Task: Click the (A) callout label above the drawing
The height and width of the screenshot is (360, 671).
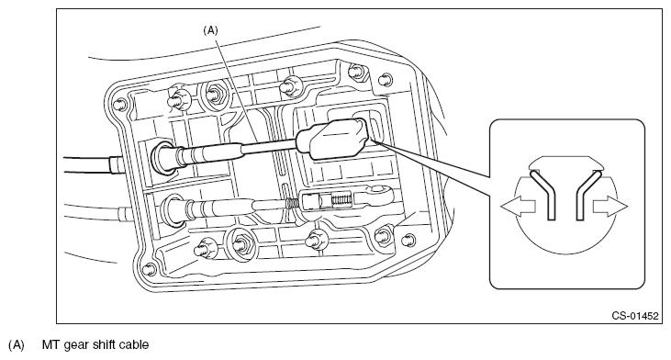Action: pos(210,30)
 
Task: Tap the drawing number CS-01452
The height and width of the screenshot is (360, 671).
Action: pos(634,316)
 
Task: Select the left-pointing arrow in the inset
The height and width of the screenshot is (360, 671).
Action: pos(518,207)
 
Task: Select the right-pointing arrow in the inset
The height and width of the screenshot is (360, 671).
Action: pos(609,207)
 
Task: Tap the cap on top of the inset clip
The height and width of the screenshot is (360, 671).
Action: pos(565,163)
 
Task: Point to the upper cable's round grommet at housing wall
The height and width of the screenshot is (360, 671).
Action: pos(163,156)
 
